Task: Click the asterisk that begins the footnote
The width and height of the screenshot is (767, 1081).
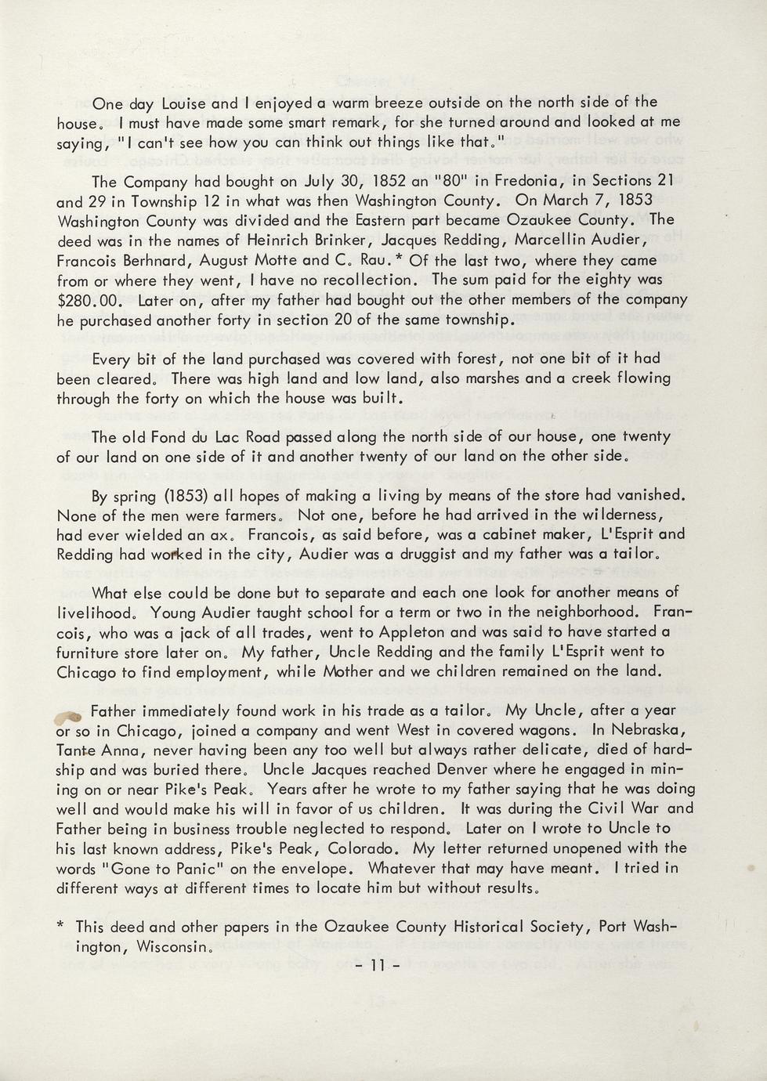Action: click(61, 926)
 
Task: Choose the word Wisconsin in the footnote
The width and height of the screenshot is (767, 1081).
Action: click(172, 946)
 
